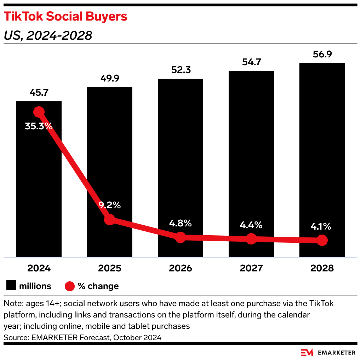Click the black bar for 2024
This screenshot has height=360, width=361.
39,184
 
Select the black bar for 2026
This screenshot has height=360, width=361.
180,159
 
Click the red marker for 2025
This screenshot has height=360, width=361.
110,220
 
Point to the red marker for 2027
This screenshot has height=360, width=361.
251,239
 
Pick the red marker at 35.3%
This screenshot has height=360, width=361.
39,112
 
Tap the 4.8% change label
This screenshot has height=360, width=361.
180,223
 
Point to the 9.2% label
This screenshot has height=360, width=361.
110,205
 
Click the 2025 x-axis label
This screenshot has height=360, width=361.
110,268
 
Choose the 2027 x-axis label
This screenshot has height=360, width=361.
251,268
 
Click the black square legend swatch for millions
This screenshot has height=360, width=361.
11,286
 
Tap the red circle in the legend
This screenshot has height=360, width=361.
70,286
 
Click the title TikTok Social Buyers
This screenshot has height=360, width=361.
65,17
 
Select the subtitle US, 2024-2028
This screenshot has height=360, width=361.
48,35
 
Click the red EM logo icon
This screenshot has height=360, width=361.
306,352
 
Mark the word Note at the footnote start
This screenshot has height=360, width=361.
11,304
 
